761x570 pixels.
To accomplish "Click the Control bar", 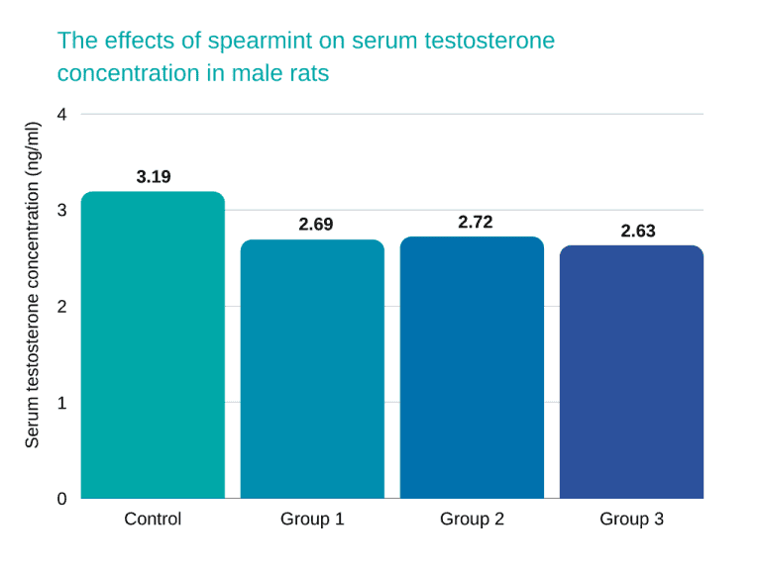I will [x=153, y=345].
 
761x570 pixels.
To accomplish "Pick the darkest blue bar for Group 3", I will [x=631, y=372].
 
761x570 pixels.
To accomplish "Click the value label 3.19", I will [x=154, y=177].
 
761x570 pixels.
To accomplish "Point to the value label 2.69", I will [x=316, y=225].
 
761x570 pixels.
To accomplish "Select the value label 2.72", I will [x=475, y=223].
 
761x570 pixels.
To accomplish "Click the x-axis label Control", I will [x=153, y=519].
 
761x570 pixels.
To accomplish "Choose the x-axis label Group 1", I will [x=312, y=519].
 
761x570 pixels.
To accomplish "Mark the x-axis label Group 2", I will [x=472, y=519].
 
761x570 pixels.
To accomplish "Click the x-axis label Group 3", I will [x=631, y=519].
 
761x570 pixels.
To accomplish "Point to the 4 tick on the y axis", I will [x=62, y=114].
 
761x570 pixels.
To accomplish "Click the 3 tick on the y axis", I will [x=62, y=210].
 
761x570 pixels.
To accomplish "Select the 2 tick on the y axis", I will [x=62, y=306].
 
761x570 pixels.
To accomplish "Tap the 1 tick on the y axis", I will [x=62, y=403].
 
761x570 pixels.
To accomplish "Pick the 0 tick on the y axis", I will [x=62, y=499].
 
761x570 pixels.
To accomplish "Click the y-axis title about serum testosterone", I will [x=32, y=285].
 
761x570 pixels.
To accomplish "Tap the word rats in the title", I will [x=306, y=73].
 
